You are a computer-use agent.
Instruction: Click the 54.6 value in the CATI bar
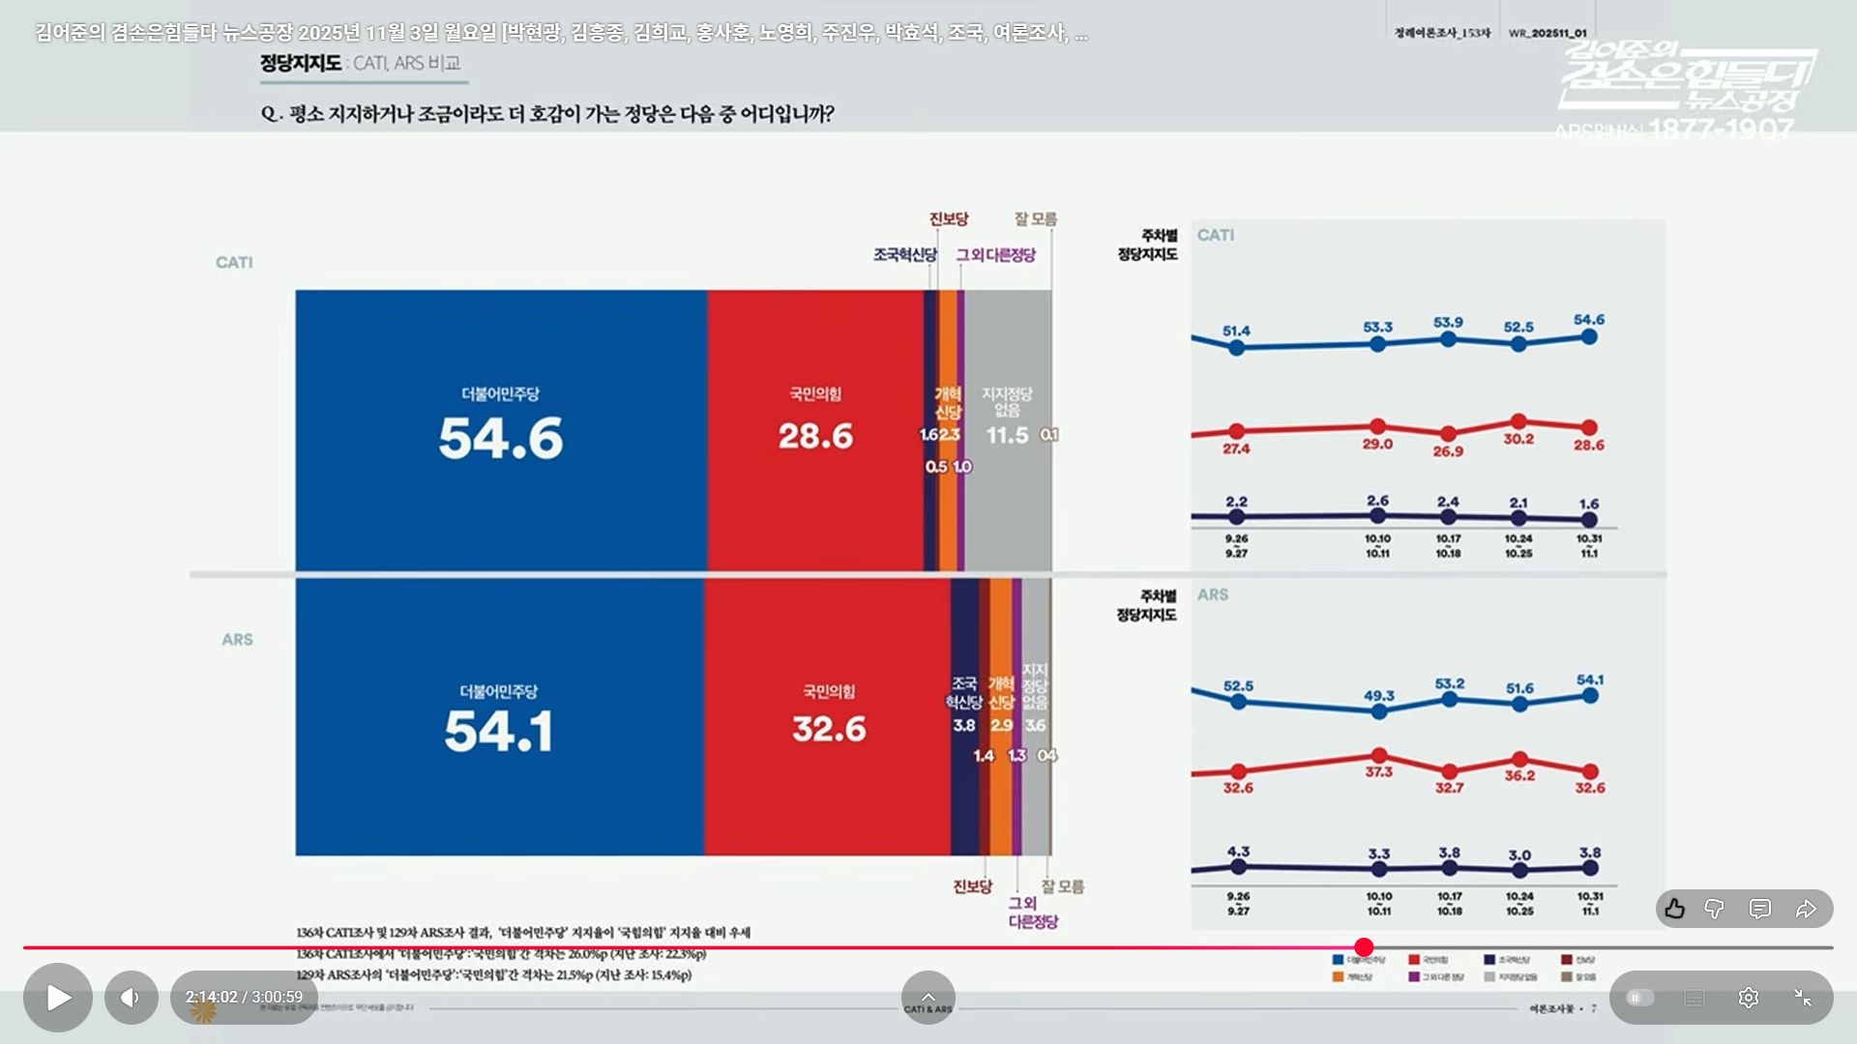(500, 438)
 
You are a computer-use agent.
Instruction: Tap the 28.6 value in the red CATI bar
(815, 436)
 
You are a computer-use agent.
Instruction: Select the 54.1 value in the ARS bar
(499, 731)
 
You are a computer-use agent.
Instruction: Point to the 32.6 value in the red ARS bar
(829, 729)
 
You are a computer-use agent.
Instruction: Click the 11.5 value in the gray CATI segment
(1007, 435)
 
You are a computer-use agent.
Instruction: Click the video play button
(58, 998)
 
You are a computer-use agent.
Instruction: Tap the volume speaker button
(132, 998)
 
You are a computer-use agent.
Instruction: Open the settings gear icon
(1748, 998)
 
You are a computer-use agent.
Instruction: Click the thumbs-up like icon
(1675, 909)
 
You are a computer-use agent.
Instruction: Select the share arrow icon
(1806, 909)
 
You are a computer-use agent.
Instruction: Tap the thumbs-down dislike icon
(1714, 909)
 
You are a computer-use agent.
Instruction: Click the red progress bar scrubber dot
(1364, 947)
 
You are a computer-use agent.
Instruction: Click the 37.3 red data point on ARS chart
(1379, 756)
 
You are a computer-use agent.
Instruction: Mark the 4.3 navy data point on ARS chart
(1238, 867)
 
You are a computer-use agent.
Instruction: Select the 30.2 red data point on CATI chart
(1518, 421)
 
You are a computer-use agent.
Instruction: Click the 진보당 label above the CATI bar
(948, 219)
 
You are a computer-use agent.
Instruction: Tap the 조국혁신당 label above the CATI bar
(904, 255)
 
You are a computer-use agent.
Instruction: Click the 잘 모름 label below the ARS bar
(1062, 886)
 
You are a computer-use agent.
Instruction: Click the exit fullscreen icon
(1802, 998)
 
